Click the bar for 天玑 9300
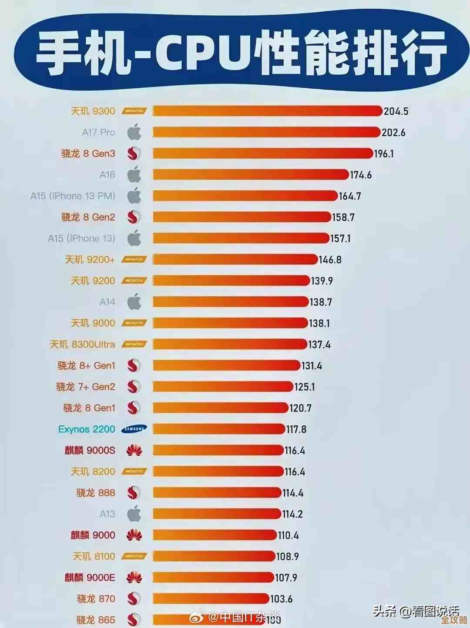coord(267,111)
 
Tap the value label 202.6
coord(393,132)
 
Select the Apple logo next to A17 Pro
coord(134,132)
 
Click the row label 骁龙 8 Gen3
coord(88,154)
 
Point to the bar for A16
coord(250,175)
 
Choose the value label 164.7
coord(350,196)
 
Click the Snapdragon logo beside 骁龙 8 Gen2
coord(134,217)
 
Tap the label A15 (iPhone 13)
coord(81,238)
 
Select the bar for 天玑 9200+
coord(235,260)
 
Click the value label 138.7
coord(321,302)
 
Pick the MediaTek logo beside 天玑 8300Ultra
coord(134,344)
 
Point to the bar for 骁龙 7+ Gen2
coord(223,387)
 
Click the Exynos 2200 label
coord(87,429)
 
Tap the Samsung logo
coord(134,429)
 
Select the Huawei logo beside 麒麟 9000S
coord(134,451)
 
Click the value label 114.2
coord(292,514)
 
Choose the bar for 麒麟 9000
coord(215,535)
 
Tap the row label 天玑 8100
coord(94,556)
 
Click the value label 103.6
coord(281,599)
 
